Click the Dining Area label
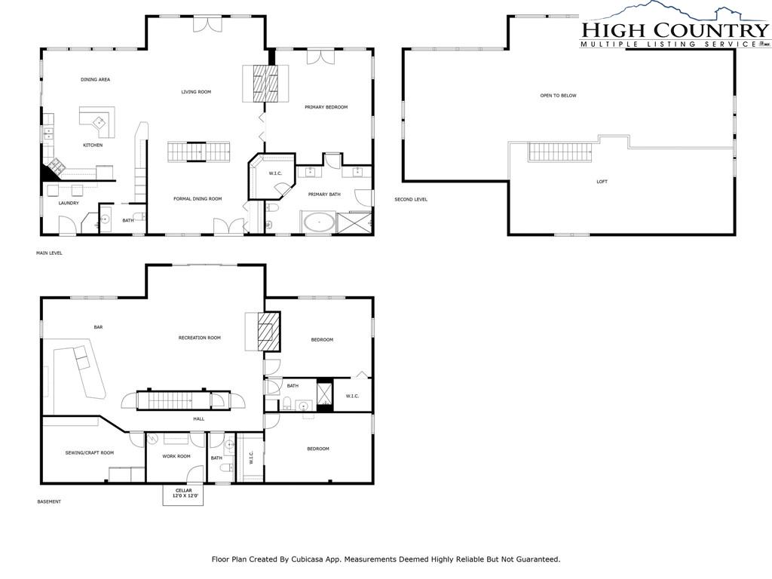point(96,79)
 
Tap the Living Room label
point(196,91)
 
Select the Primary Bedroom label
point(326,107)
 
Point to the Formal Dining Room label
point(198,199)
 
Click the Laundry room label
point(69,203)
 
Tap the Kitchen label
point(93,146)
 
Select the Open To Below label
point(559,96)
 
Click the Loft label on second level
point(602,182)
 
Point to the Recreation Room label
point(199,338)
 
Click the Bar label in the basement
point(98,327)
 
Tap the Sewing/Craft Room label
point(90,453)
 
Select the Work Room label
point(176,456)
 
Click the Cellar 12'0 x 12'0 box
point(184,495)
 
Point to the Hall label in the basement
point(199,419)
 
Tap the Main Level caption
point(49,253)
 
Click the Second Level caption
point(411,199)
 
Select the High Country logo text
point(675,30)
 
